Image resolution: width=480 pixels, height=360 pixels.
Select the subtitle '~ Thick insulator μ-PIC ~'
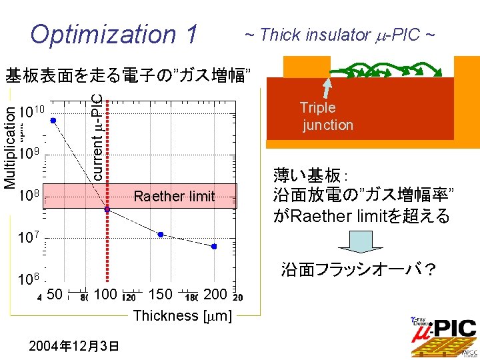click(x=339, y=34)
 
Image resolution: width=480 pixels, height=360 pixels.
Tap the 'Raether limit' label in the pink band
click(x=174, y=196)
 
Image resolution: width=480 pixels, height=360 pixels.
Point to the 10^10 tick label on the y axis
click(x=31, y=111)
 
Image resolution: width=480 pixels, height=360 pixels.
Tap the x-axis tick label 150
click(x=160, y=295)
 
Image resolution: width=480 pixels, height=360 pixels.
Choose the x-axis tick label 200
click(x=215, y=295)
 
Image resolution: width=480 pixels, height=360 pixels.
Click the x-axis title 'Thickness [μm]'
click(x=183, y=315)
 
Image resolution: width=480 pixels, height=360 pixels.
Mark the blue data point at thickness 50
click(x=53, y=120)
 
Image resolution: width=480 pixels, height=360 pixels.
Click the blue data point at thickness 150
click(x=161, y=234)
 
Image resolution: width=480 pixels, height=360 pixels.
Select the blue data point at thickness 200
click(x=214, y=247)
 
